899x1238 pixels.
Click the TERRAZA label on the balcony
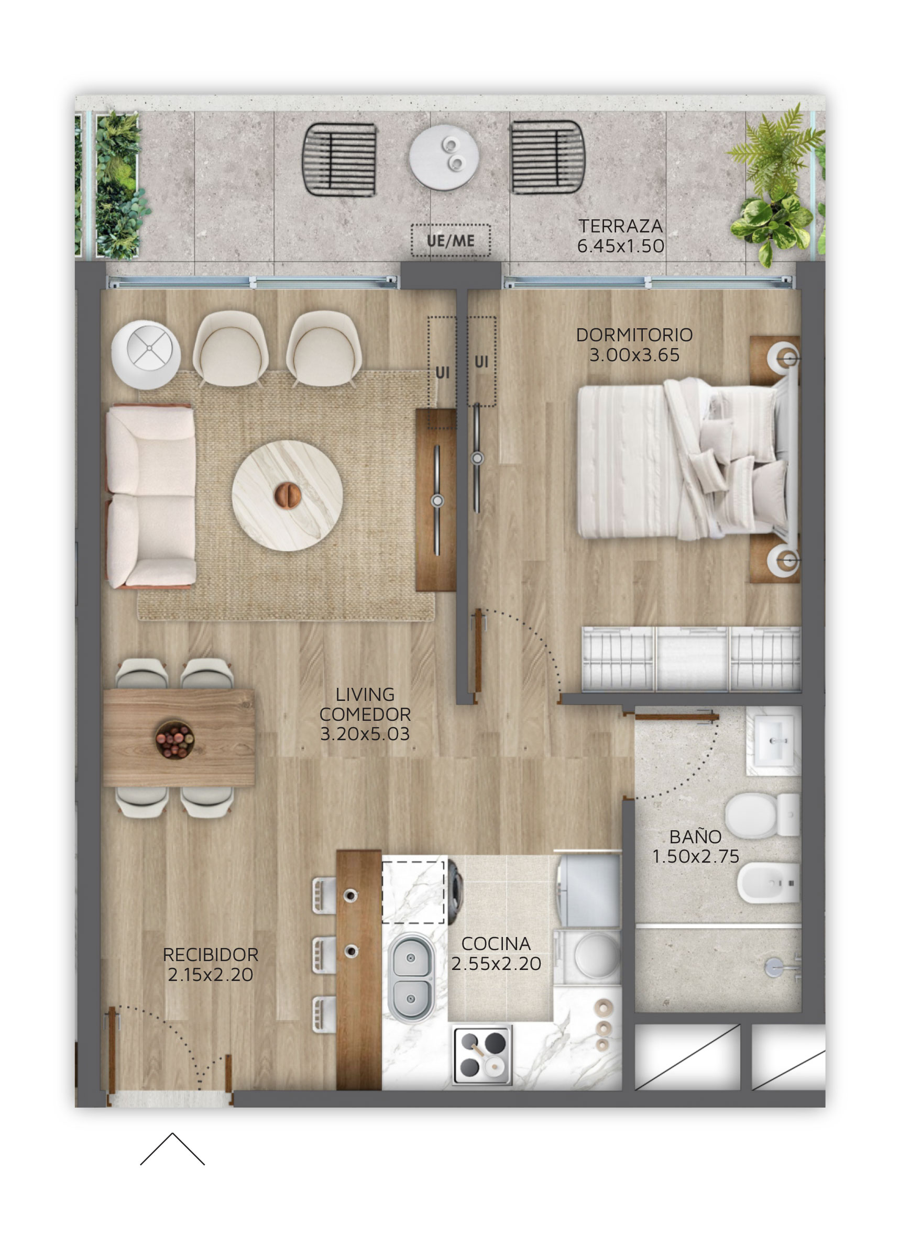tap(620, 226)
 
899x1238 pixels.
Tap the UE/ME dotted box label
tap(450, 241)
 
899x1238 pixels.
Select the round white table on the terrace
tap(444, 157)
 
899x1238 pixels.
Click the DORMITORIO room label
tap(634, 334)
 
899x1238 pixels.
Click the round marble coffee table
tap(287, 496)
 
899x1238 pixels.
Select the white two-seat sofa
tap(151, 496)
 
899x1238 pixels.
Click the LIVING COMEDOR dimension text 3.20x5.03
tap(365, 733)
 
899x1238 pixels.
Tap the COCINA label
tap(496, 943)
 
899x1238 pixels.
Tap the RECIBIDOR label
tap(210, 955)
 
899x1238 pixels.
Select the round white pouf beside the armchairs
tap(146, 354)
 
